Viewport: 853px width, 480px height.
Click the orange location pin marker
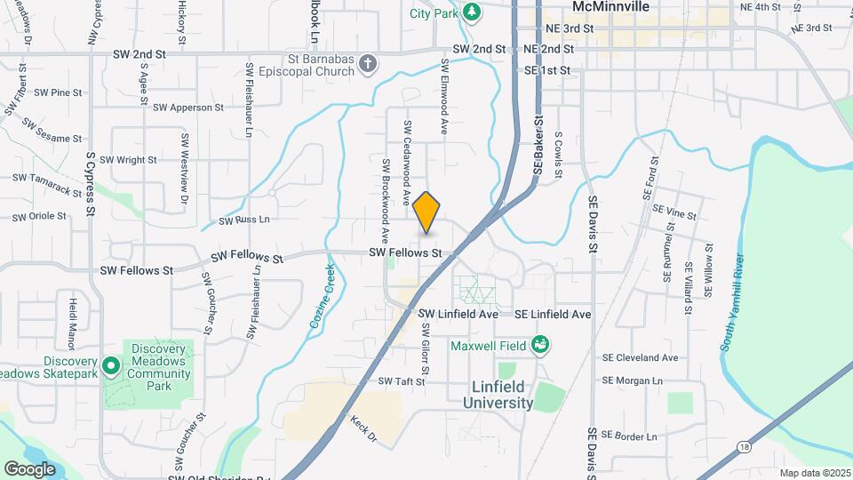click(426, 212)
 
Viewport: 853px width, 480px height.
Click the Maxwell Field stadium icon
click(539, 344)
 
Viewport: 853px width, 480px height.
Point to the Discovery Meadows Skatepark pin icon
click(110, 365)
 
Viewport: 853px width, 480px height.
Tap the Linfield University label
click(498, 395)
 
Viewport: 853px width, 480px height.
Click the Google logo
click(29, 468)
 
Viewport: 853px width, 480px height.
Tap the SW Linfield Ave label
click(458, 315)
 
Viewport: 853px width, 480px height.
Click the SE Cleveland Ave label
click(639, 358)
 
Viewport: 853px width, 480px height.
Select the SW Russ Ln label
click(243, 219)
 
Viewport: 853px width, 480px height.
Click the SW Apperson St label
click(188, 108)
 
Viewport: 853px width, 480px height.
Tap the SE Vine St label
click(674, 213)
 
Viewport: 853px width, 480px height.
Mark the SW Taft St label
click(403, 381)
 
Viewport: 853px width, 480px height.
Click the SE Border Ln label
click(629, 436)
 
